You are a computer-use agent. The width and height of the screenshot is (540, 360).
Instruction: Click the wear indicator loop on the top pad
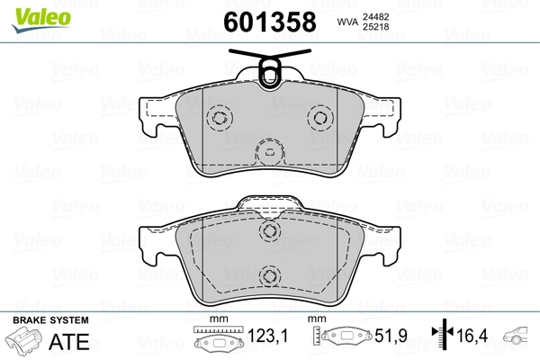(x=268, y=69)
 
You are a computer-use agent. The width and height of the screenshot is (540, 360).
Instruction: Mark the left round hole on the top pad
(x=217, y=118)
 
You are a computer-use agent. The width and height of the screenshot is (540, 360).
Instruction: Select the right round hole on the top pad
(x=319, y=118)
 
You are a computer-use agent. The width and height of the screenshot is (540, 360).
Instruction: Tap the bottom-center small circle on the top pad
(x=267, y=151)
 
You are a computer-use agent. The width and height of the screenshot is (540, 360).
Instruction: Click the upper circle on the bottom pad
(x=267, y=231)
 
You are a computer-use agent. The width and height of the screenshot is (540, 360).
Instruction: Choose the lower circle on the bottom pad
(x=267, y=277)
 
